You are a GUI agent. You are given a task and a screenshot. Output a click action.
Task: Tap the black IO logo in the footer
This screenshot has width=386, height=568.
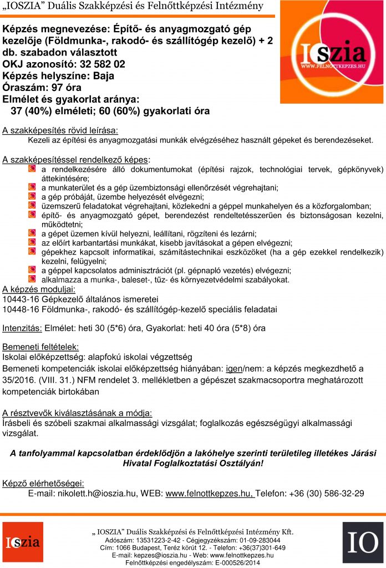(x=362, y=542)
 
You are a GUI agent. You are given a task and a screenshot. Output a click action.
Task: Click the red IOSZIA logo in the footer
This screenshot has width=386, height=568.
(x=22, y=542)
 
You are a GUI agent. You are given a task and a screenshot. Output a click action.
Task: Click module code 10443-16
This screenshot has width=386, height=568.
(x=21, y=299)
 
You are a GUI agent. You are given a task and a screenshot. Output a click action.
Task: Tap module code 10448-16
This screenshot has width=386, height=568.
(x=21, y=309)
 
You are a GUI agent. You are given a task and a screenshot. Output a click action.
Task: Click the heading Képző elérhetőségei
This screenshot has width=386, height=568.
(x=43, y=483)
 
